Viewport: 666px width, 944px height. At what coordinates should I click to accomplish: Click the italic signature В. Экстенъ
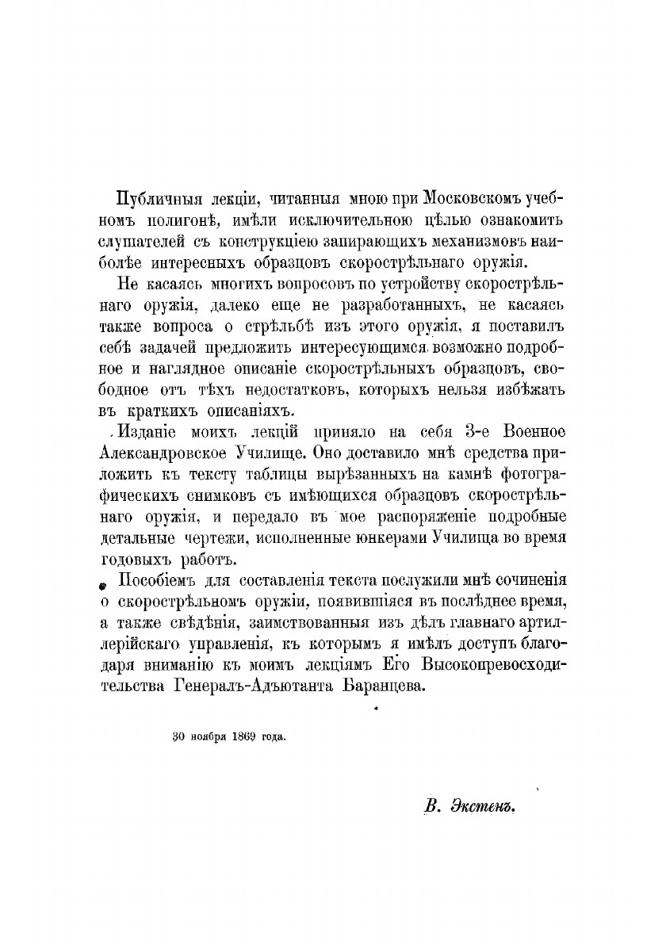(x=470, y=807)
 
